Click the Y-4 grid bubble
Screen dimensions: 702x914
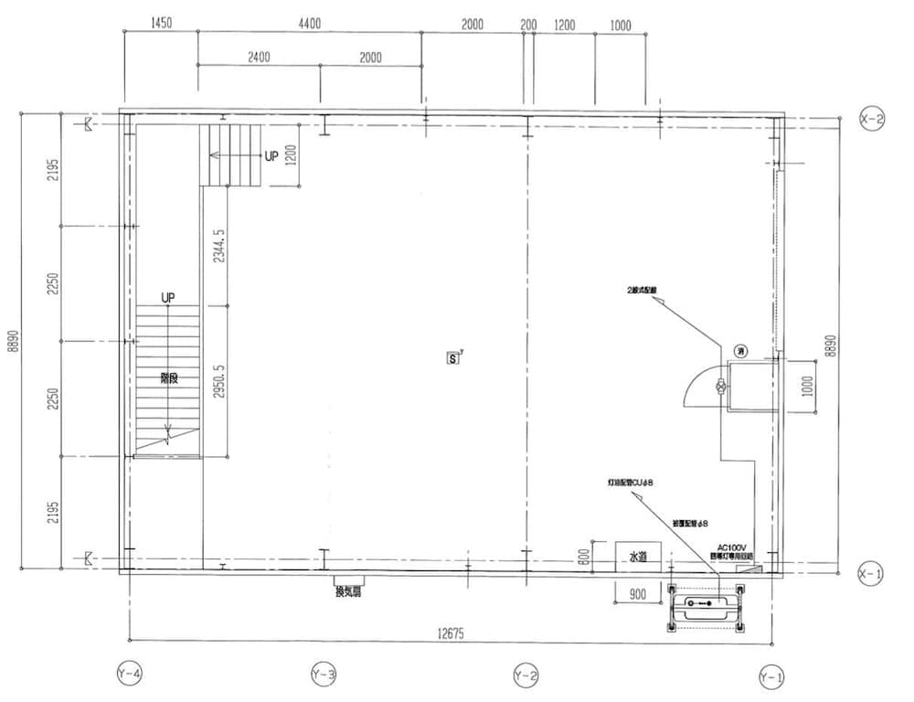pos(130,675)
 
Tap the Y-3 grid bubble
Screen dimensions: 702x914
pos(324,675)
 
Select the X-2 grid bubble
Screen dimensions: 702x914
pos(871,119)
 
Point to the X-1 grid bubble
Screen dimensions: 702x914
pos(871,573)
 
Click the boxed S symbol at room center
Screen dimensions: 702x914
pos(452,358)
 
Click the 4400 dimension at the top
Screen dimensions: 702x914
pos(309,25)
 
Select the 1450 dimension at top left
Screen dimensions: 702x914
pos(161,25)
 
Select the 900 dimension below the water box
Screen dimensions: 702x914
pos(638,595)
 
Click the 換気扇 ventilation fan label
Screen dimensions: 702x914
pos(349,590)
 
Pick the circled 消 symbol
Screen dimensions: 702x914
pos(740,350)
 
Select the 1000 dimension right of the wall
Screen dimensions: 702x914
pos(806,388)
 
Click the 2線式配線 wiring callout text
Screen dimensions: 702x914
pos(643,290)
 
